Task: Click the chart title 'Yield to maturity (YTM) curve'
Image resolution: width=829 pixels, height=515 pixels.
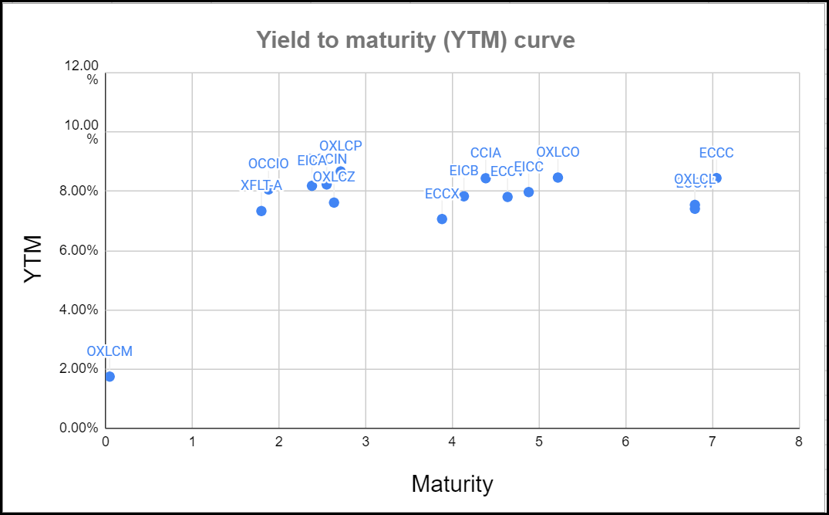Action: [415, 39]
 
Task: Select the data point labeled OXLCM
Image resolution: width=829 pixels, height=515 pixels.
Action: [110, 377]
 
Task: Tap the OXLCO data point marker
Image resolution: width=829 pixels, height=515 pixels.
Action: [558, 178]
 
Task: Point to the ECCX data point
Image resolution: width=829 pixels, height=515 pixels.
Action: [442, 219]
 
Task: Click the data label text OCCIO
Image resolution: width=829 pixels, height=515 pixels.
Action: [268, 164]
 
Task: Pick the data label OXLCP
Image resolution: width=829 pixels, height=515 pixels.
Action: [340, 146]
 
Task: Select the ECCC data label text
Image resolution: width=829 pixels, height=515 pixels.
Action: [716, 153]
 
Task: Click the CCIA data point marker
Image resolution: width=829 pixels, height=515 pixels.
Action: [485, 178]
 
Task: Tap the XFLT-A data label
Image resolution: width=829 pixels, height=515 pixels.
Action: [261, 185]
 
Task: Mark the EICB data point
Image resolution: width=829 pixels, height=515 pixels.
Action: [463, 196]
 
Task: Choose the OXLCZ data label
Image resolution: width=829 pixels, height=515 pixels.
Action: [334, 177]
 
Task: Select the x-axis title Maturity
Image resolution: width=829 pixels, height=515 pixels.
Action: [452, 484]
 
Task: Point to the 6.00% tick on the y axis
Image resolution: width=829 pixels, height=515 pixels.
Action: [82, 251]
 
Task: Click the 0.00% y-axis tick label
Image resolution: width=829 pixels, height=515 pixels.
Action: [82, 429]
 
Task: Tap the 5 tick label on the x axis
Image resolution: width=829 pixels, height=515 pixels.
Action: [538, 442]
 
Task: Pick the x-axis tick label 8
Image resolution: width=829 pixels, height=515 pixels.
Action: [798, 442]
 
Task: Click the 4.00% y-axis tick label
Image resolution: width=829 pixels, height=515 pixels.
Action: [82, 310]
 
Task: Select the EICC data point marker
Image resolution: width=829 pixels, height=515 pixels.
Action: [528, 192]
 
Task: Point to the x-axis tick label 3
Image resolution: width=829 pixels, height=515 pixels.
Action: [365, 442]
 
